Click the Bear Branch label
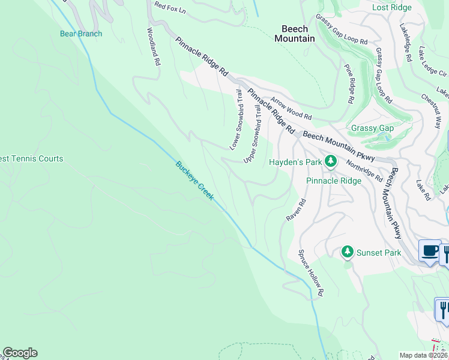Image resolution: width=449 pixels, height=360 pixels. (81, 34)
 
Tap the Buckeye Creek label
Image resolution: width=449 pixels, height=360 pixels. (194, 181)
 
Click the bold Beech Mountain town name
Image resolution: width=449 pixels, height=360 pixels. (295, 34)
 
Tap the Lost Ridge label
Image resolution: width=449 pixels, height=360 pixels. (391, 8)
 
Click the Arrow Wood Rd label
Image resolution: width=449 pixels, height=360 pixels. (291, 109)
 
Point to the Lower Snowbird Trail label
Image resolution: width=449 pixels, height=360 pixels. (236, 120)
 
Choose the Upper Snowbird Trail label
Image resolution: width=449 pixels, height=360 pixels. (253, 133)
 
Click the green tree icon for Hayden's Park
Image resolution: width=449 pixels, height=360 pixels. (330, 160)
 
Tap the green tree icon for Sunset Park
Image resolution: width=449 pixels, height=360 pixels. (347, 252)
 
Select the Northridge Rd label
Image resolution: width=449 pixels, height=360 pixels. (364, 170)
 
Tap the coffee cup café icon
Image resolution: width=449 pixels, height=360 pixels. (429, 250)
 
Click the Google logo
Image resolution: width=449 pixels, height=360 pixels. (20, 353)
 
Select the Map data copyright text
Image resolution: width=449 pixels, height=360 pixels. (424, 355)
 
